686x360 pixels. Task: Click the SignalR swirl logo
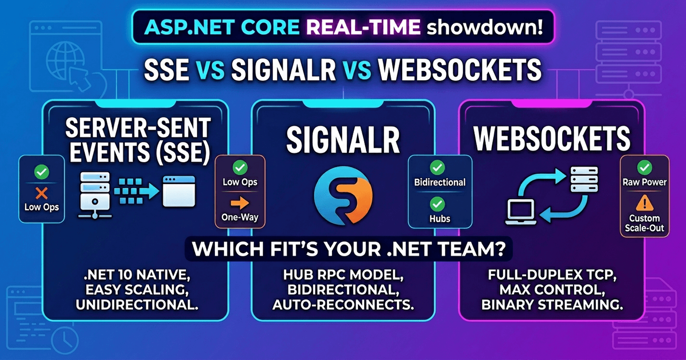(343, 195)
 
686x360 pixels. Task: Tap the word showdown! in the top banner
(484, 27)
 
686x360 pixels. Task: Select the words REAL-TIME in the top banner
(363, 27)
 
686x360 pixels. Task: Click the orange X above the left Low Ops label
(42, 193)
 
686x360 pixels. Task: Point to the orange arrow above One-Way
(240, 202)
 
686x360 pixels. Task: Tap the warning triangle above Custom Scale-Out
(644, 203)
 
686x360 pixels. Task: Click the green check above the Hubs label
(437, 204)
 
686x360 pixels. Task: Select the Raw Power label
(644, 182)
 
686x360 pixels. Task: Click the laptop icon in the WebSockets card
(521, 212)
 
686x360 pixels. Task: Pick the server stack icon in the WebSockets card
(584, 180)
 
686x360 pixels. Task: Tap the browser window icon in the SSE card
(179, 191)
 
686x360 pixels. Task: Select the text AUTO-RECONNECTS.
(343, 305)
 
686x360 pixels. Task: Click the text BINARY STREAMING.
(552, 305)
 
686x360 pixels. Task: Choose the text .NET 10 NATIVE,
(137, 275)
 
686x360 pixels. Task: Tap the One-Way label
(240, 217)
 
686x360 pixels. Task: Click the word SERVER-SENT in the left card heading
(138, 128)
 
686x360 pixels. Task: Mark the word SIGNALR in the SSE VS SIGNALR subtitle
(283, 70)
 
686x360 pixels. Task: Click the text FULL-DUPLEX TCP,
(552, 275)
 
